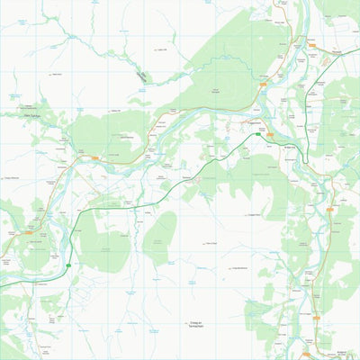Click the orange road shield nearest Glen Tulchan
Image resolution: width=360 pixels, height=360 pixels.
point(92,156)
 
